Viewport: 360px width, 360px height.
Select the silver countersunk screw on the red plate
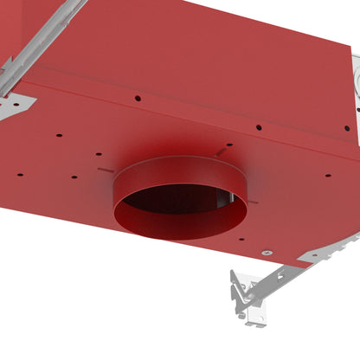coord(265,252)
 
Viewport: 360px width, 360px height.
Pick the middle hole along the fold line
coord(258,127)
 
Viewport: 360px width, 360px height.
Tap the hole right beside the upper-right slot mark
coord(229,145)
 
